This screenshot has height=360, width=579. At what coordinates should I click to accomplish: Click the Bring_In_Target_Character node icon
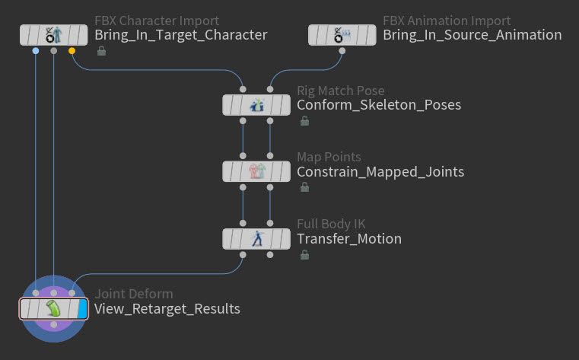pos(54,35)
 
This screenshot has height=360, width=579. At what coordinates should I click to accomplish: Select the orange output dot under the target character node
pos(72,50)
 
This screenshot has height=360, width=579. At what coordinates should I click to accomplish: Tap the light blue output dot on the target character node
pos(36,50)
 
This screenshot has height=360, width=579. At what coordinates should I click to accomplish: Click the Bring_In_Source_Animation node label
pos(472,35)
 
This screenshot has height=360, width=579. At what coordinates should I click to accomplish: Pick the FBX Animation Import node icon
pos(342,35)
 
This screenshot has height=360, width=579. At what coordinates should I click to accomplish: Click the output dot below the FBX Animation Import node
pos(342,50)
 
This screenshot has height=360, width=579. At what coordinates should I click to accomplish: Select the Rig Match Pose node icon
pos(256,105)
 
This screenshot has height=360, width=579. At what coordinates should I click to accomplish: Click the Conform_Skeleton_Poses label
pos(379,105)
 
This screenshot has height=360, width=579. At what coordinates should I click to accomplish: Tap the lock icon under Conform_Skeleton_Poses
pos(304,121)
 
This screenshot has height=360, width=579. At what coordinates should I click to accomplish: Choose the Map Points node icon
pos(256,171)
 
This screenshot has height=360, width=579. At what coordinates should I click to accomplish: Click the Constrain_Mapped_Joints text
pos(380,172)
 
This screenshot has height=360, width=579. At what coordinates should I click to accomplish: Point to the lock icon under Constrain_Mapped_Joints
pos(304,187)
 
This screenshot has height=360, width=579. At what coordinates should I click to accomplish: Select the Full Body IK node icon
pos(257,238)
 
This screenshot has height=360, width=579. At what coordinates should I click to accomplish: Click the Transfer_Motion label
pos(349,239)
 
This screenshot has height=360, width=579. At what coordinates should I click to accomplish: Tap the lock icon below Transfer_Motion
pos(304,254)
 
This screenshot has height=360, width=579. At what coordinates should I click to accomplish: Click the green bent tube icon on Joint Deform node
pos(54,309)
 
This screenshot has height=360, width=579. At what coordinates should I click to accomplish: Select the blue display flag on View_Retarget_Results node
pos(82,309)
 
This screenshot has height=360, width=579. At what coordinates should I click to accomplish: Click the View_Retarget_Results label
pos(167,309)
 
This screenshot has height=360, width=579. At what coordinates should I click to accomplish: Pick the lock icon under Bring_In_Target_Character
pos(101,50)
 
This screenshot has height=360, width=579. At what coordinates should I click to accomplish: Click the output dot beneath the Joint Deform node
pos(54,324)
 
